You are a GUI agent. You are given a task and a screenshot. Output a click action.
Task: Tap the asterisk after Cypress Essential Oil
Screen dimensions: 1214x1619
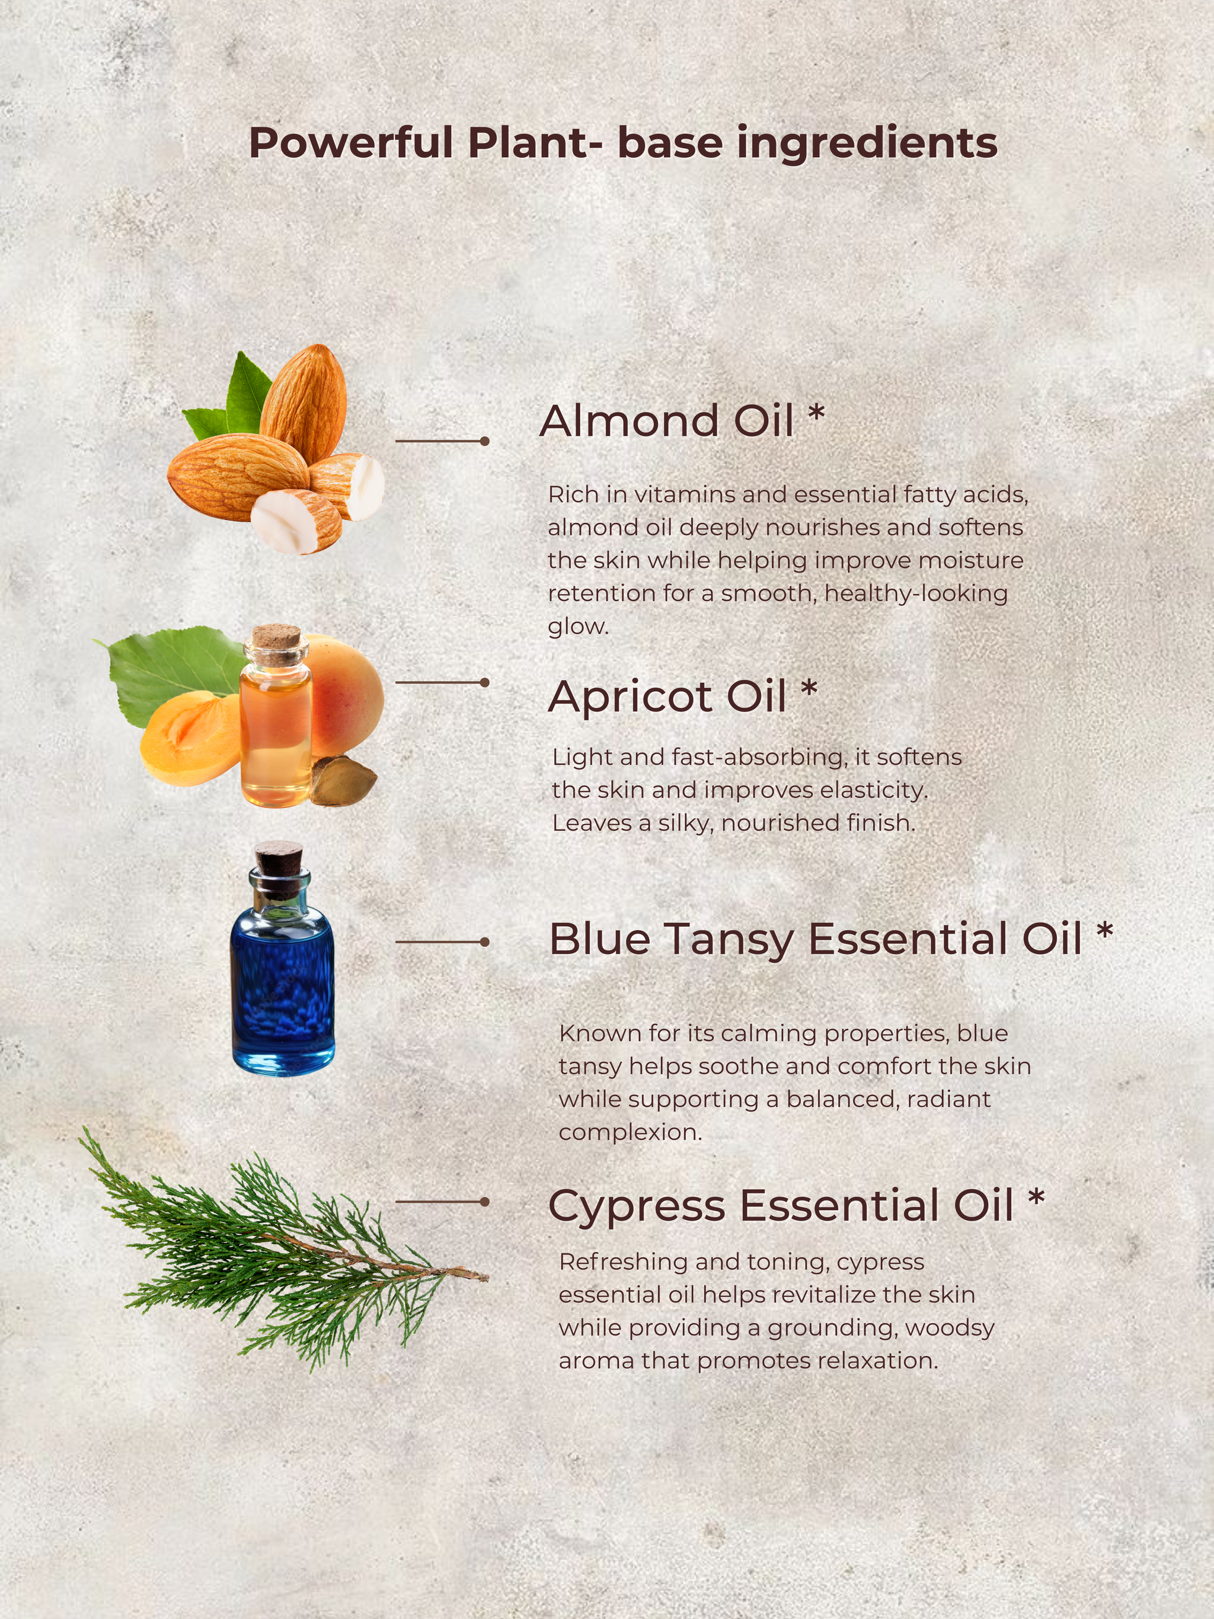pos(1036,1198)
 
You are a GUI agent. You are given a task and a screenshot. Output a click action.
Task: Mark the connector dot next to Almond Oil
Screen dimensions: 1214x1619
pos(484,441)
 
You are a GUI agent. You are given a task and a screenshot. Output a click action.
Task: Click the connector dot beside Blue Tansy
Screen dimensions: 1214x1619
pos(484,942)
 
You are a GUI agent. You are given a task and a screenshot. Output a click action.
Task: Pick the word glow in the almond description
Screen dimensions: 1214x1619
pos(578,627)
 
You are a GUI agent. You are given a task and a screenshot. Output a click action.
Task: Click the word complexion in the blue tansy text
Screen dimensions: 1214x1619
pos(630,1133)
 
